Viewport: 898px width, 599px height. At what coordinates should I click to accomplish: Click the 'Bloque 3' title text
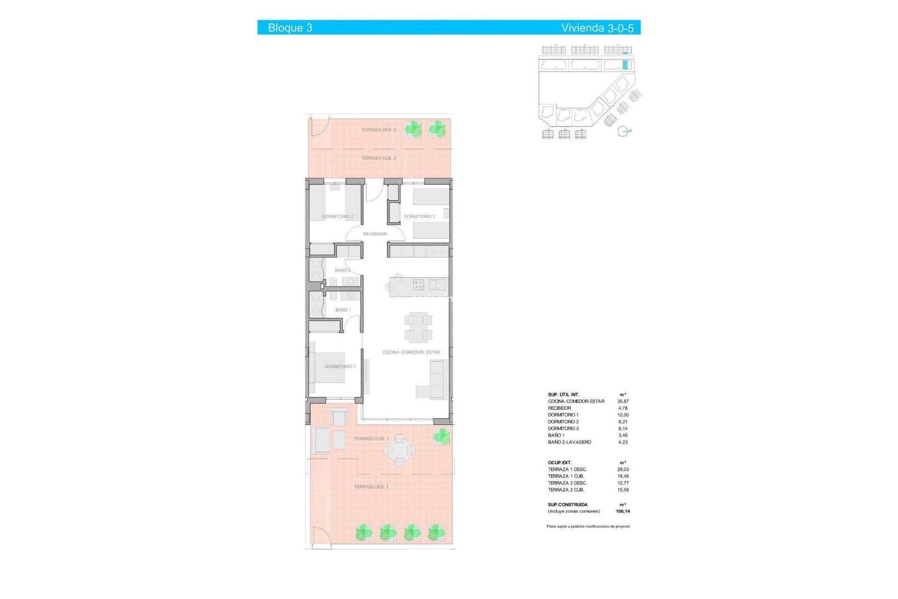[290, 28]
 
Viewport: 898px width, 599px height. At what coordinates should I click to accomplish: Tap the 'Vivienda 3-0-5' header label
[597, 28]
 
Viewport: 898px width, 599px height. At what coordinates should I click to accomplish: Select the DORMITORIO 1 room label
[340, 366]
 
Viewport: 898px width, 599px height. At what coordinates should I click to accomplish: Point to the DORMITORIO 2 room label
[337, 217]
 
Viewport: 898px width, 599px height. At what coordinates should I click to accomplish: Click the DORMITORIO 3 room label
[419, 217]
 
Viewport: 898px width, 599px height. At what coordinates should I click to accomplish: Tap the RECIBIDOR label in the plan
[375, 234]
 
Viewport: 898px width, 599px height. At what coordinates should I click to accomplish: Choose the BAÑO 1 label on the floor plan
[343, 310]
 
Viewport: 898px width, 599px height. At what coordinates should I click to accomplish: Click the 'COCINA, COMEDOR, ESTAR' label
[411, 352]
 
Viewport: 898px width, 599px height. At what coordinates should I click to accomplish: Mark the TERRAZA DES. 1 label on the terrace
[371, 487]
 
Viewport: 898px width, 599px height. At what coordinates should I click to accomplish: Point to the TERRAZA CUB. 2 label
[378, 158]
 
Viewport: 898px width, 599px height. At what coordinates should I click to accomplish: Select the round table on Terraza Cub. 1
[399, 450]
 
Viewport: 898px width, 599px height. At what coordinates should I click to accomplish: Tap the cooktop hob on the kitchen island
[418, 284]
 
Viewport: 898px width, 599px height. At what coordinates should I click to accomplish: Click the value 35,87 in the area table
[623, 402]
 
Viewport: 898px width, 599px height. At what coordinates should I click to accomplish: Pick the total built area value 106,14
[623, 511]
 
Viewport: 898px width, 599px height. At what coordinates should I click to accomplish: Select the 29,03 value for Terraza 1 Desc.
[623, 469]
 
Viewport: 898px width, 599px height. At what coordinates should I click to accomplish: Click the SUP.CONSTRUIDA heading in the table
[568, 504]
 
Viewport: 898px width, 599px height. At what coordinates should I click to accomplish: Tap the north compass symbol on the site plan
[623, 131]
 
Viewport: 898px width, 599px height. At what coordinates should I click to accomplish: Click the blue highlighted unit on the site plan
[625, 65]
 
